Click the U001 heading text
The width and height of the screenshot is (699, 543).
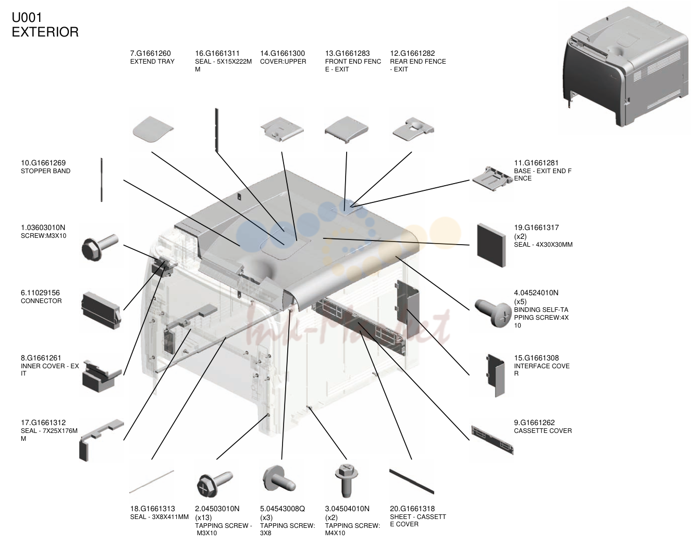27,18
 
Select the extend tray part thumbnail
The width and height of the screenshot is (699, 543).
153,129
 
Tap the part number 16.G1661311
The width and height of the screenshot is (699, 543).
217,53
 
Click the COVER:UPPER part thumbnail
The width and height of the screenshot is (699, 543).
282,129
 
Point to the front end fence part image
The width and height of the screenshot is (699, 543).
347,129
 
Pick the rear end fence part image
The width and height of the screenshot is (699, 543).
413,129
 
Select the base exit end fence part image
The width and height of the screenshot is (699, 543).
492,178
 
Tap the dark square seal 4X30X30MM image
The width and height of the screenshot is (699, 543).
491,245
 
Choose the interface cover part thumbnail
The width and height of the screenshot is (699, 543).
496,376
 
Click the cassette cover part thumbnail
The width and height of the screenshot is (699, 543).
492,440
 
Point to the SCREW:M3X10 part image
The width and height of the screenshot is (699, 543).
100,247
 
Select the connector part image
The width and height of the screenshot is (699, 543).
101,310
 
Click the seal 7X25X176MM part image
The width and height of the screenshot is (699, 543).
101,440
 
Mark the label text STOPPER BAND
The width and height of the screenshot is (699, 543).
45,171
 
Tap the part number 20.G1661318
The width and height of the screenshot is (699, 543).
412,509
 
